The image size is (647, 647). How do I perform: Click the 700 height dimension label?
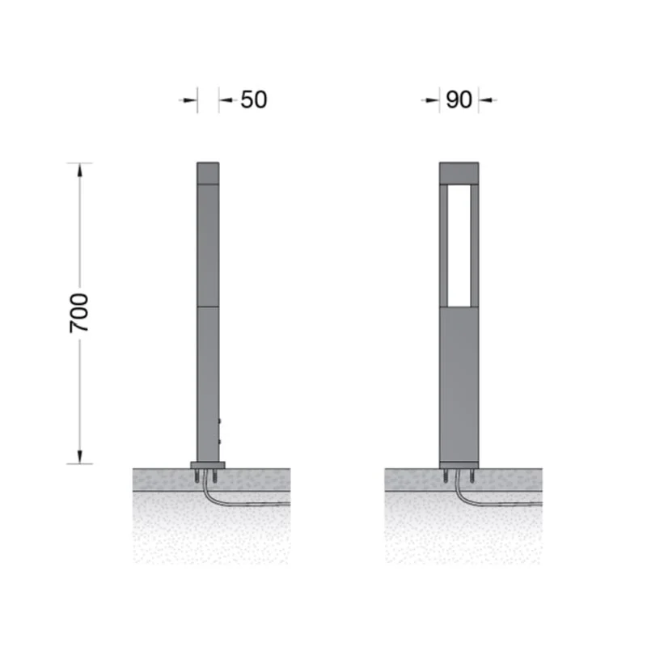[78, 313]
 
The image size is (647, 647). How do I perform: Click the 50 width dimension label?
[254, 99]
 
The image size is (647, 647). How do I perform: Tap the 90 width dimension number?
[459, 99]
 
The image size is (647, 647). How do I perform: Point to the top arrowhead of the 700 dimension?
[79, 171]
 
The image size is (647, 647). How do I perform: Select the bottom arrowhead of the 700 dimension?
[79, 456]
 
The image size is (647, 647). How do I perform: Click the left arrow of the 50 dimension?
[188, 99]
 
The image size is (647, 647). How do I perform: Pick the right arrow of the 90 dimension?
[488, 99]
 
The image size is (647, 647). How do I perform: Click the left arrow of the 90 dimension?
[430, 99]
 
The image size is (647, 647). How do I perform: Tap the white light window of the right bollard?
[459, 246]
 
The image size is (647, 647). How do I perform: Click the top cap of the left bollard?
[208, 173]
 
